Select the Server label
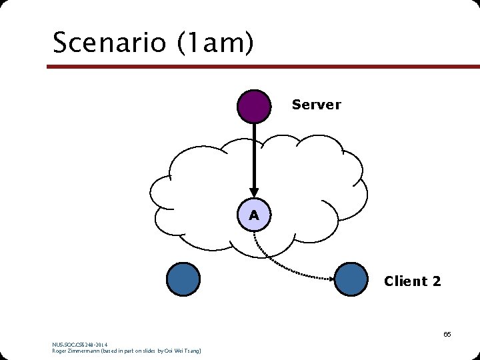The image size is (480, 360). (x=316, y=105)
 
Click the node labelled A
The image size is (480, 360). (x=254, y=215)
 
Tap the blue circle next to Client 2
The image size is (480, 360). (x=351, y=279)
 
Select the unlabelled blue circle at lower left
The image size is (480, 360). (x=183, y=279)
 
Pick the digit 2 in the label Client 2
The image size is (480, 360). (x=436, y=281)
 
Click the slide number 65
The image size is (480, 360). (x=447, y=334)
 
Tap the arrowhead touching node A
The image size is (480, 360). (x=254, y=193)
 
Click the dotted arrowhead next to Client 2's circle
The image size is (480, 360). (x=331, y=278)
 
